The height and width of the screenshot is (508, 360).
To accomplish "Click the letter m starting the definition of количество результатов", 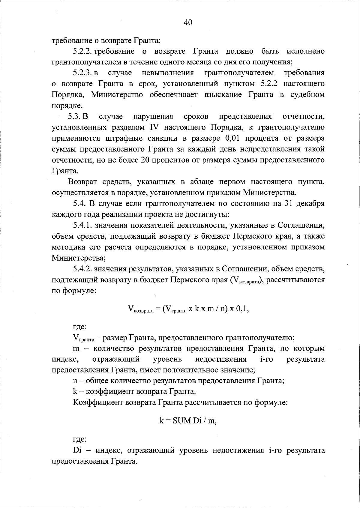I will [x=76, y=349].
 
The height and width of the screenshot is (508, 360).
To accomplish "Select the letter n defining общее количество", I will [x=75, y=381].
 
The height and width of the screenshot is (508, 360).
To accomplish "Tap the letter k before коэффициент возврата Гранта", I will [x=75, y=392].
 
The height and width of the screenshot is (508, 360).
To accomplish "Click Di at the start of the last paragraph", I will [x=77, y=451].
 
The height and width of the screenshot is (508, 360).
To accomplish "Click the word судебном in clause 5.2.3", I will [x=307, y=95].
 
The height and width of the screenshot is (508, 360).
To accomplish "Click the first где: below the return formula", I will [x=80, y=327].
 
